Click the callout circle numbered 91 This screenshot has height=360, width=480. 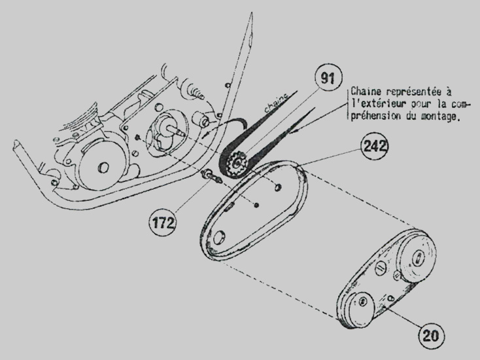point(328,79)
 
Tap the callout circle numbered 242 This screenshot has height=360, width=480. point(375,146)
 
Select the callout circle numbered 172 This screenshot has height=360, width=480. point(162,223)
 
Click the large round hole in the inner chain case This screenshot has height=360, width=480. point(219,238)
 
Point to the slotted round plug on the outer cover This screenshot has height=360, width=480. point(380,268)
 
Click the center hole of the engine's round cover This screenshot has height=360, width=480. point(103,168)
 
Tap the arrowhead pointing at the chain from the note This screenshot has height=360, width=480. point(294,132)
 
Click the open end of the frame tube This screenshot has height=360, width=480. point(16,143)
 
